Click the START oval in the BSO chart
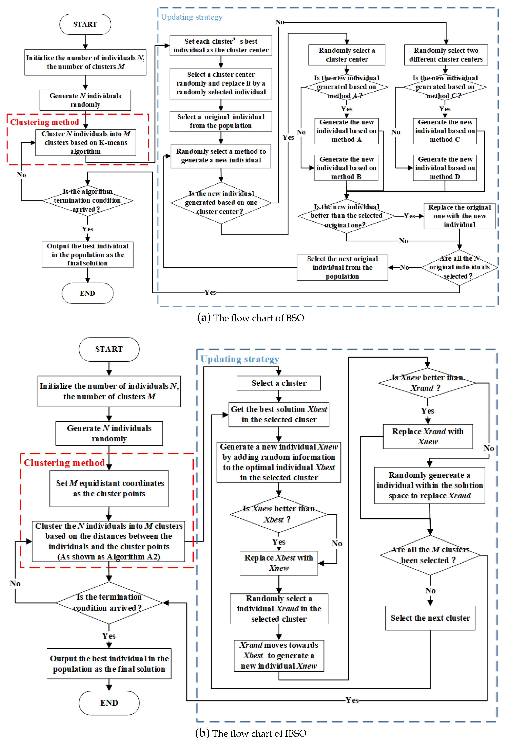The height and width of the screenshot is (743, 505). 85,24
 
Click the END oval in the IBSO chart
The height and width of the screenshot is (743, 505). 109,703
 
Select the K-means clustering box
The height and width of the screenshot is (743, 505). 86,143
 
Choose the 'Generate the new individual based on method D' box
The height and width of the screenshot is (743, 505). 445,168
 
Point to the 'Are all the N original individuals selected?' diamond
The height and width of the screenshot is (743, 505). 459,267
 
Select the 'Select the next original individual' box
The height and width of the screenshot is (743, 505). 342,268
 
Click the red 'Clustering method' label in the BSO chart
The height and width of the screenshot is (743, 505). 44,122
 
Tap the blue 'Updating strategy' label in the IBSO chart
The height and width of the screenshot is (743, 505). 240,359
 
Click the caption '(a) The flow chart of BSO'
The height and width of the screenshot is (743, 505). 251,318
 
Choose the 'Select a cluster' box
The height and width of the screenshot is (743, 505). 279,383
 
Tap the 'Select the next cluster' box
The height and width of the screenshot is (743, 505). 430,618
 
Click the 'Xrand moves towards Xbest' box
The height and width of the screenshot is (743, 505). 279,655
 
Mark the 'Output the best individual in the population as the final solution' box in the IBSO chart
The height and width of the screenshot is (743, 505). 109,664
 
